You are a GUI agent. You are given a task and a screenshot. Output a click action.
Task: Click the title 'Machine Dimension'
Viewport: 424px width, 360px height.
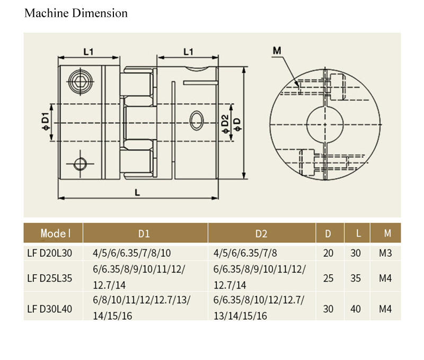click(76, 13)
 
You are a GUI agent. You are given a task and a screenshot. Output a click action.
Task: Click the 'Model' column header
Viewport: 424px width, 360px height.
click(55, 233)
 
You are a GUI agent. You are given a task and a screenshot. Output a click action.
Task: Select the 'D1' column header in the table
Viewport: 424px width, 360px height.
click(144, 233)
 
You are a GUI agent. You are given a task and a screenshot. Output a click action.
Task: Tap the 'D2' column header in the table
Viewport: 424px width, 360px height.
click(261, 233)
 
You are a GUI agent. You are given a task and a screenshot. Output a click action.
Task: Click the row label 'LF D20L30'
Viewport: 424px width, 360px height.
click(49, 253)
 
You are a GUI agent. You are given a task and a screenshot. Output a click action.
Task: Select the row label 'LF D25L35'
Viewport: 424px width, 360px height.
click(49, 277)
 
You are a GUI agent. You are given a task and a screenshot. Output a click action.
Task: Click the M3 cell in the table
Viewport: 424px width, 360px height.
click(385, 253)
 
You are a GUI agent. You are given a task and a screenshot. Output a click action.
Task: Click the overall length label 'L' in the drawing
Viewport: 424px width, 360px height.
click(137, 193)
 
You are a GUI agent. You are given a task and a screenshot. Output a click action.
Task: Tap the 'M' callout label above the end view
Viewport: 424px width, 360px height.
click(277, 51)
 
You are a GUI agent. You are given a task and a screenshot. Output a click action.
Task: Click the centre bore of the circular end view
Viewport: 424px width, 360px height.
click(324, 124)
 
